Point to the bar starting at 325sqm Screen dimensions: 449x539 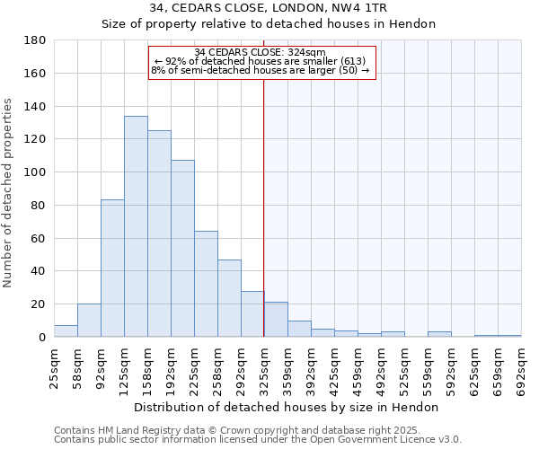point(276,320)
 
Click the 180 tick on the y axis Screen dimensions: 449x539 point(38,40)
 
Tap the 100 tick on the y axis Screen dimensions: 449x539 point(38,172)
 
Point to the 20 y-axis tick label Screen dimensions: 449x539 point(40,304)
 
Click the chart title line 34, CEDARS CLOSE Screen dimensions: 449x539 point(269,8)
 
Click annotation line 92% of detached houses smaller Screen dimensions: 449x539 point(261,61)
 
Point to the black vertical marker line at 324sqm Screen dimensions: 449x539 point(263,207)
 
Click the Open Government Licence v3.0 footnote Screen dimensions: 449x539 point(258,439)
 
